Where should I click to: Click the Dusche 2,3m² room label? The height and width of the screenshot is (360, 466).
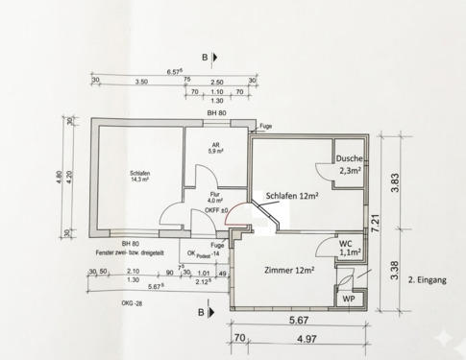pyautogui.click(x=349, y=165)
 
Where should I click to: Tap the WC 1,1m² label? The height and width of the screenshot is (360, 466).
pyautogui.click(x=350, y=249)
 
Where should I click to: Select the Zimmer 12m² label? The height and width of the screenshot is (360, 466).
pyautogui.click(x=290, y=271)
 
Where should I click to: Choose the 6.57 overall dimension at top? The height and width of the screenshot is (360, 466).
pyautogui.click(x=175, y=71)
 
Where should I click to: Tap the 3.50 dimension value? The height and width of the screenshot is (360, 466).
pyautogui.click(x=141, y=83)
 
